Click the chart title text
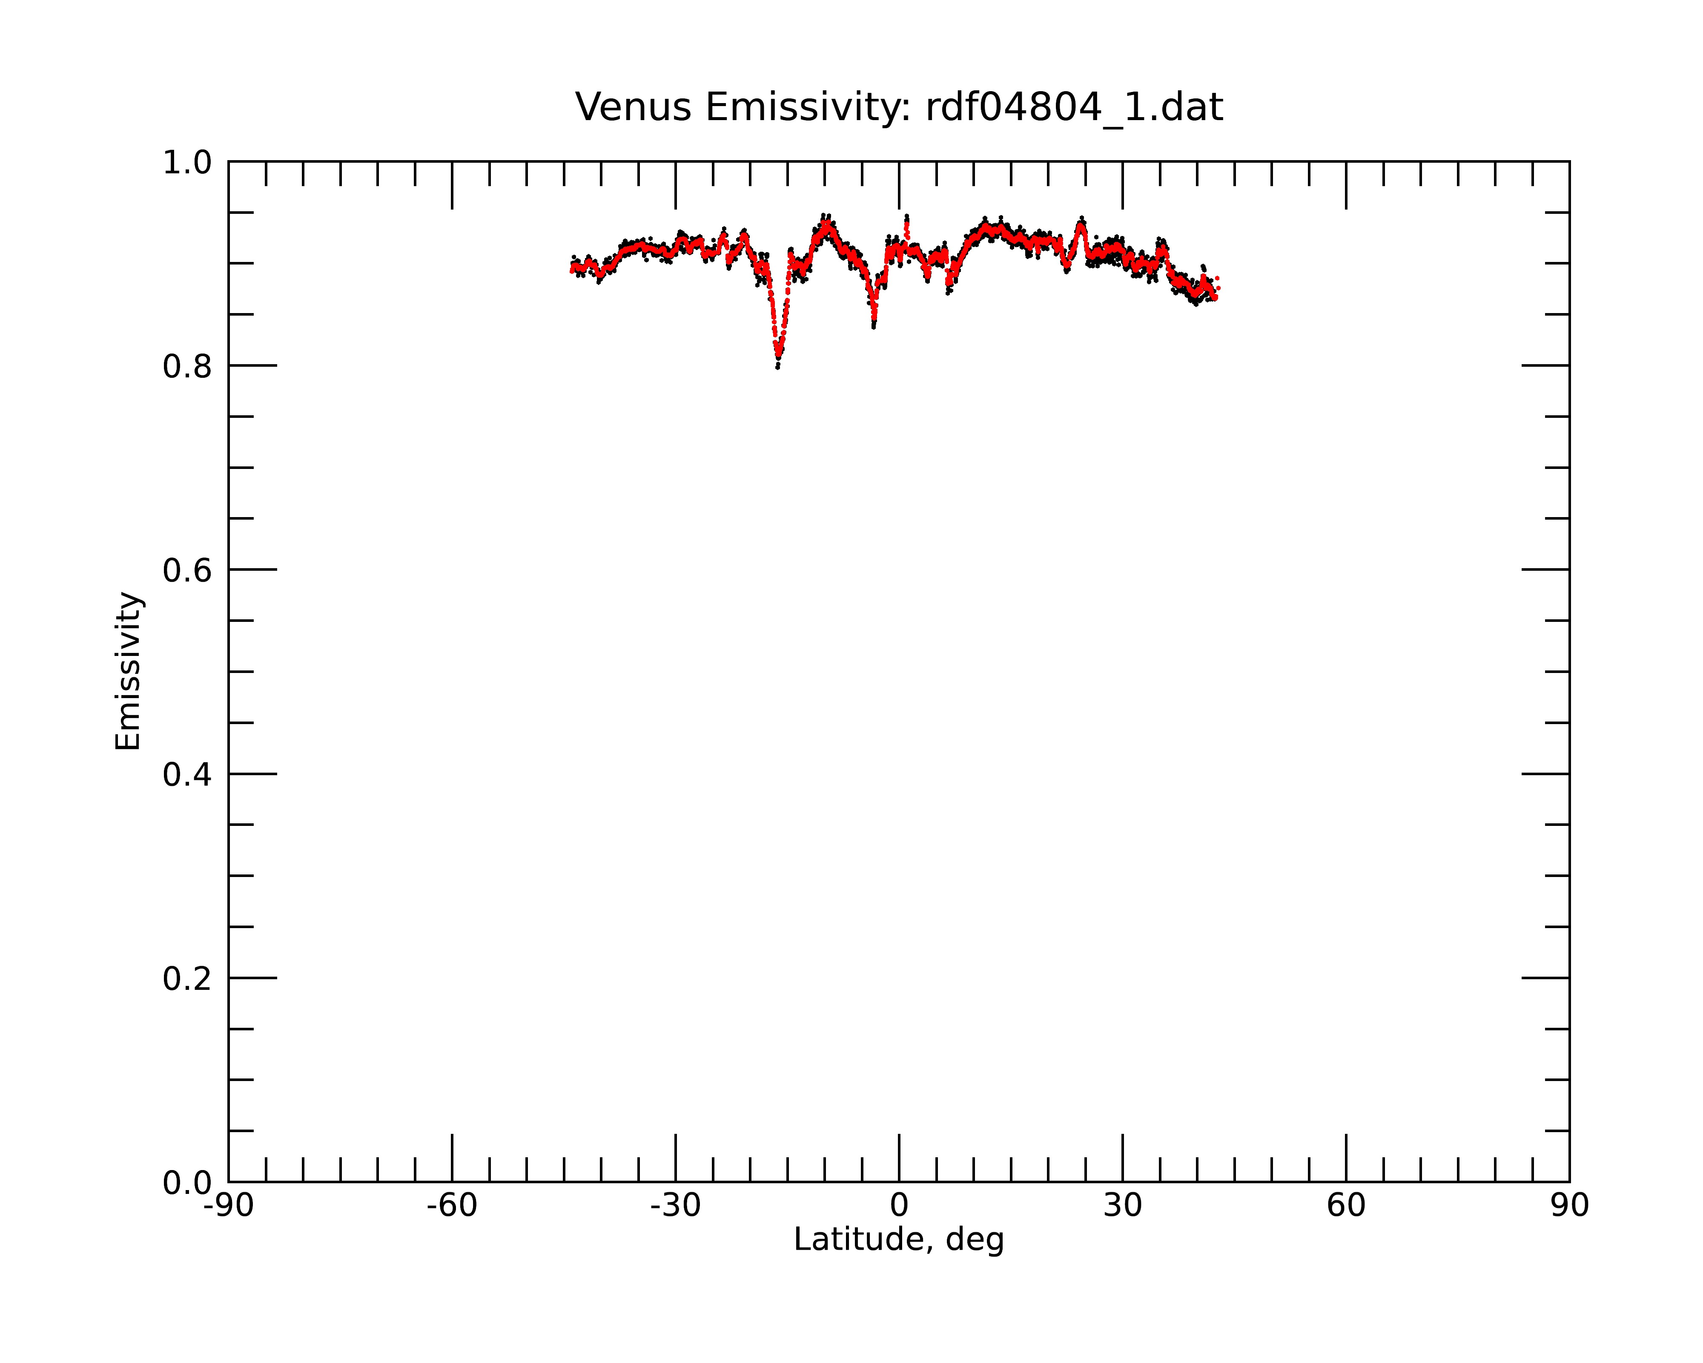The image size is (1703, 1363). coord(899,107)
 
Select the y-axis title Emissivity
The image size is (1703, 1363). coord(128,671)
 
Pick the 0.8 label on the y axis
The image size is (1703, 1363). coord(187,367)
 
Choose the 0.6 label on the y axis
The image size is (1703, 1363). coord(187,570)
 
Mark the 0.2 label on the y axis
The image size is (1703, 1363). coord(187,979)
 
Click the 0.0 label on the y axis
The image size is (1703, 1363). coord(187,1183)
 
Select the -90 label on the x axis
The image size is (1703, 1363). coord(228,1206)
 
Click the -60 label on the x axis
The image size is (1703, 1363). coord(452,1206)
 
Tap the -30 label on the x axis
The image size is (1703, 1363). coord(675,1206)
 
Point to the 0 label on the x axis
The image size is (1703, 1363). coord(899,1206)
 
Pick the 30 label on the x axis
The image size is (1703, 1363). coord(1122,1206)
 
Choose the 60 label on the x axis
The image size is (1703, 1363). coord(1346,1206)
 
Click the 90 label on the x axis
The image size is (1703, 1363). coord(1569,1206)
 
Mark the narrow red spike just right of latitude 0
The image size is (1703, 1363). coord(907,227)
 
